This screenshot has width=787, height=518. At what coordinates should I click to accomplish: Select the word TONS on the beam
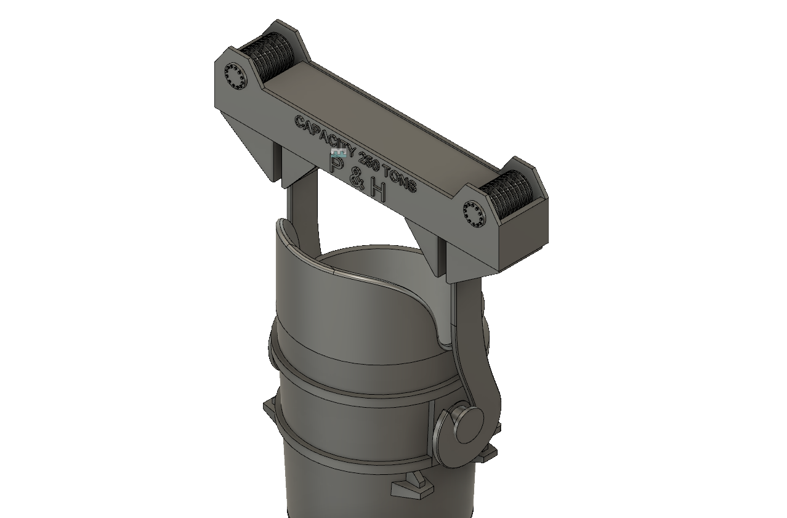pyautogui.click(x=400, y=179)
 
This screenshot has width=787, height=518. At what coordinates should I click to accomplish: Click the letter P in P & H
pyautogui.click(x=337, y=164)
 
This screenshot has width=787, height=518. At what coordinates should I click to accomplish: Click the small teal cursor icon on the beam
pyautogui.click(x=337, y=152)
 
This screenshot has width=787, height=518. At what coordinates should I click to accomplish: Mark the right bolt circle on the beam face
pyautogui.click(x=474, y=213)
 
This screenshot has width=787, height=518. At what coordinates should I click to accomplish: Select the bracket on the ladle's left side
pyautogui.click(x=271, y=410)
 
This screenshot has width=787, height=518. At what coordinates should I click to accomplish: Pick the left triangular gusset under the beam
pyautogui.click(x=253, y=142)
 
